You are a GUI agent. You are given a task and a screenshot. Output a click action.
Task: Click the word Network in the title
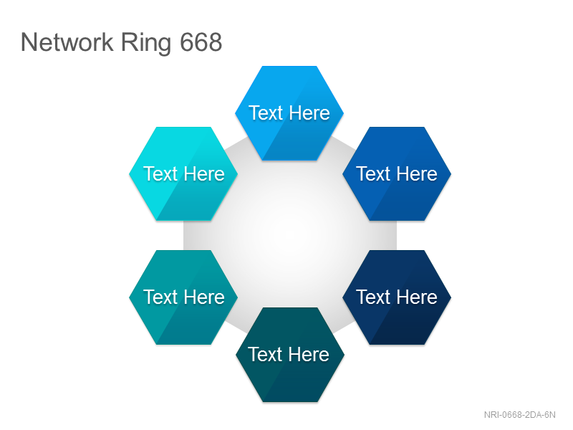click(67, 42)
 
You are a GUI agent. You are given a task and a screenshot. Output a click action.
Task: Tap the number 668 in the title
click(201, 42)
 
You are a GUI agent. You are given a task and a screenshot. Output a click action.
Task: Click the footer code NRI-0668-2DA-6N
click(520, 415)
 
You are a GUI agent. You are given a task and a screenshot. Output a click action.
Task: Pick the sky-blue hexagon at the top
click(289, 113)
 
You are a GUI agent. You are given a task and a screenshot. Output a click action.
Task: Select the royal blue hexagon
click(397, 173)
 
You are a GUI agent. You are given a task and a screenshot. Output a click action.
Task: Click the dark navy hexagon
click(397, 297)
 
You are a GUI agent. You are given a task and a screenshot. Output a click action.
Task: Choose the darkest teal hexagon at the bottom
click(290, 355)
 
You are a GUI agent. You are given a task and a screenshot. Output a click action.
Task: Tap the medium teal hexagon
click(183, 297)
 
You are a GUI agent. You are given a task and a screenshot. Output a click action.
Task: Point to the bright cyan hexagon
click(183, 173)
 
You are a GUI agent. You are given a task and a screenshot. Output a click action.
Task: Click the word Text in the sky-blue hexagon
click(266, 113)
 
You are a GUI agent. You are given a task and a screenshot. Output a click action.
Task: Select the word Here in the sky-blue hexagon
click(309, 113)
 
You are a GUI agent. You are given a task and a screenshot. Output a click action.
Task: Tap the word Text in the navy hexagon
click(373, 297)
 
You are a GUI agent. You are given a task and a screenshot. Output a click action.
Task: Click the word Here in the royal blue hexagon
click(417, 173)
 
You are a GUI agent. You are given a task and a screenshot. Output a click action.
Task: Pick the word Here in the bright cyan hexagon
click(204, 173)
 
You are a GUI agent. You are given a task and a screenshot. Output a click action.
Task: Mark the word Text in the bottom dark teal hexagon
click(265, 354)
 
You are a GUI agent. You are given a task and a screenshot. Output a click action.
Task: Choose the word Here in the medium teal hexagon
click(204, 297)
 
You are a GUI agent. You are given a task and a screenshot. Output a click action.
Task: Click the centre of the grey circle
click(290, 234)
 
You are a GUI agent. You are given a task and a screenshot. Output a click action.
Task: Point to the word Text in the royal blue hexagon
click(373, 173)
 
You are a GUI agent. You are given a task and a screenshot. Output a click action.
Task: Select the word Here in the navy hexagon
click(417, 297)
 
